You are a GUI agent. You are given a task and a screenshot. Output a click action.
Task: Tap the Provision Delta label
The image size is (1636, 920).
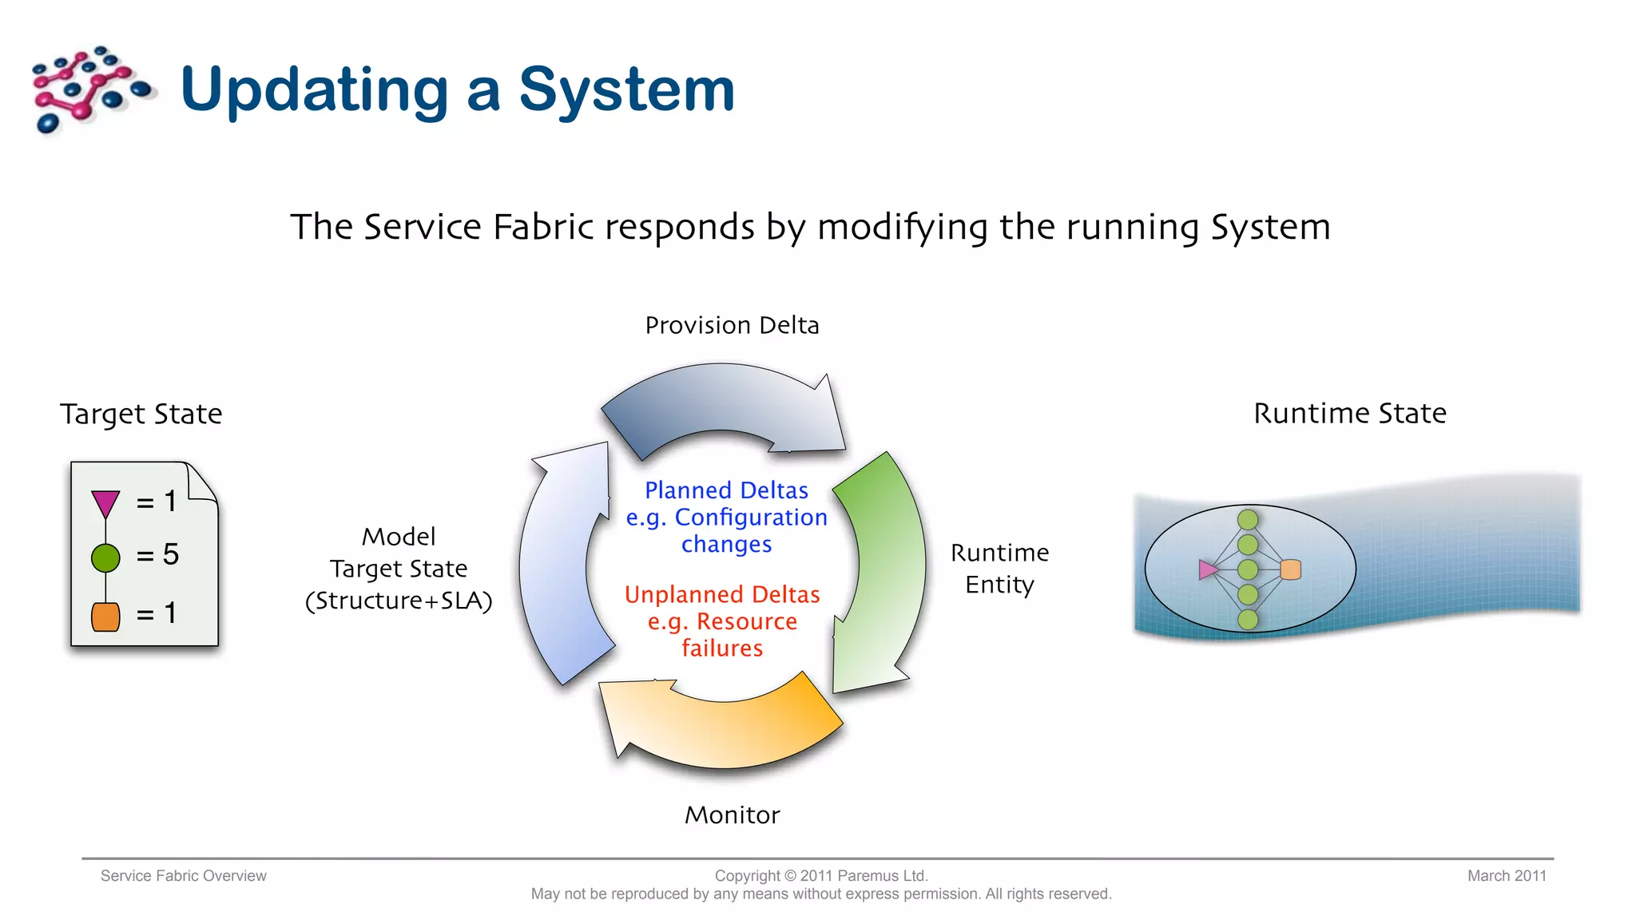tap(732, 325)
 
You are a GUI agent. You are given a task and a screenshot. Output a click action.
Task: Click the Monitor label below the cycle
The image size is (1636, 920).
tap(732, 815)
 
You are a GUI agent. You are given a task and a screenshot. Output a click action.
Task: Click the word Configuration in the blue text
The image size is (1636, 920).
tap(751, 517)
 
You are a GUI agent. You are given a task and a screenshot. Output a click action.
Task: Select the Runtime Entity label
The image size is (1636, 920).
tap(999, 568)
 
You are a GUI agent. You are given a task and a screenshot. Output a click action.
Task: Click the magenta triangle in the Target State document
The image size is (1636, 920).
tap(105, 503)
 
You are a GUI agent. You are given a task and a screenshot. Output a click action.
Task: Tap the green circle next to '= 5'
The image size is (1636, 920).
tap(105, 557)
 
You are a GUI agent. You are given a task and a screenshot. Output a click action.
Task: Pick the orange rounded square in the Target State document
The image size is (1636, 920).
tap(105, 617)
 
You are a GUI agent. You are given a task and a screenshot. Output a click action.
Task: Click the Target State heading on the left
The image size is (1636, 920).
tap(141, 414)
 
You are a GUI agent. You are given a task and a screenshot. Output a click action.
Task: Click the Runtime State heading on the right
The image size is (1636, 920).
tap(1349, 413)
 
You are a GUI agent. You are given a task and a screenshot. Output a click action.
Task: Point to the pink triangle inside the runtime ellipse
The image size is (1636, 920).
tap(1208, 569)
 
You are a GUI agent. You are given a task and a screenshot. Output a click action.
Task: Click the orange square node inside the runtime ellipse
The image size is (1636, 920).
tap(1290, 569)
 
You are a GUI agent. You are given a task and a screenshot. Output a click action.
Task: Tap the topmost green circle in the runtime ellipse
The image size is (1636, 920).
tap(1248, 520)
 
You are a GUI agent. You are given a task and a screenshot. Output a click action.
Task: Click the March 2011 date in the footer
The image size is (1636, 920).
tap(1507, 875)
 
